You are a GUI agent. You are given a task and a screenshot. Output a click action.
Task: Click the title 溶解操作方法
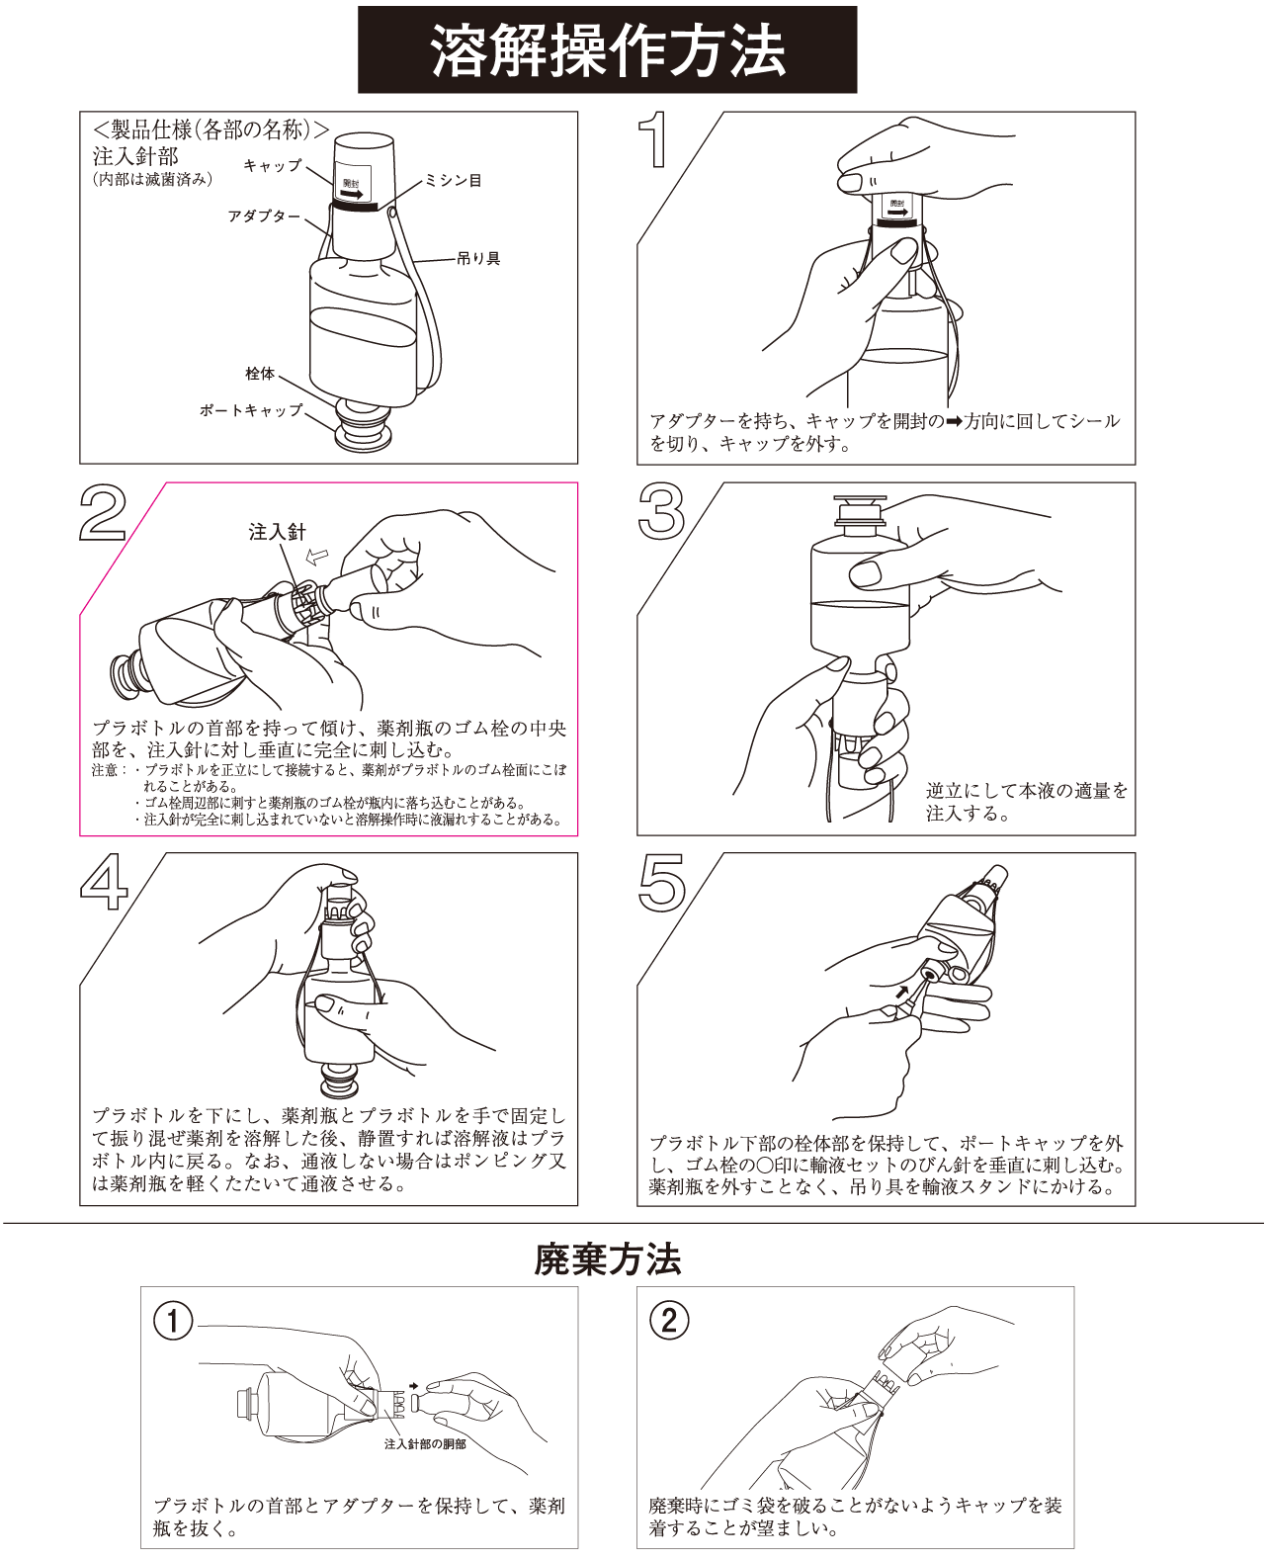coord(607,50)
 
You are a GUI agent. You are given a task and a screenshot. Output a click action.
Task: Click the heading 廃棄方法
coord(607,1259)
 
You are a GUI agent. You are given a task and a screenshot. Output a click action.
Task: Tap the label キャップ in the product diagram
coord(272,166)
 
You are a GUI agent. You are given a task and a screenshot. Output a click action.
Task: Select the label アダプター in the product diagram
coord(264,216)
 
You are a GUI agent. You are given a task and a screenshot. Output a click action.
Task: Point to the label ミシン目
coord(454,181)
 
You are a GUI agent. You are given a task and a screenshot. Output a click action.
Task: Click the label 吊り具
coord(479,259)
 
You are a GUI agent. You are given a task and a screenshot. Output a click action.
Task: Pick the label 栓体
coord(260,374)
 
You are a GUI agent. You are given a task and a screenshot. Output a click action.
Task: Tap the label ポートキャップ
coord(251,409)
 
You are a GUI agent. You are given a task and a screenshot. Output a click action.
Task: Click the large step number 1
coord(655,141)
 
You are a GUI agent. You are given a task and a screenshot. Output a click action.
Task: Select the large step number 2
coord(103,512)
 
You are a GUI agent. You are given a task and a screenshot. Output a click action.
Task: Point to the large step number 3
coord(661,512)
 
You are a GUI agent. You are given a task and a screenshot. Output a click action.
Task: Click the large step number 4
coord(104,882)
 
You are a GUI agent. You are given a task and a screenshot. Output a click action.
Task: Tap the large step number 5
coord(661,882)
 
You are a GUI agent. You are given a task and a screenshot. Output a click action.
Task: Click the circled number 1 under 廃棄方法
coord(174,1321)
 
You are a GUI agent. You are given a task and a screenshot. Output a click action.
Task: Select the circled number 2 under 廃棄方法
coord(669,1321)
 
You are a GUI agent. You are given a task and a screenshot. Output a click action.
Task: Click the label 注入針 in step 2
coord(278,532)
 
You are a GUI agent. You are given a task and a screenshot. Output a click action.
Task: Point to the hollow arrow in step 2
coord(317,557)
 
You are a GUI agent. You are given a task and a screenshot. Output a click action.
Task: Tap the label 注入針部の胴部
coord(425,1444)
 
